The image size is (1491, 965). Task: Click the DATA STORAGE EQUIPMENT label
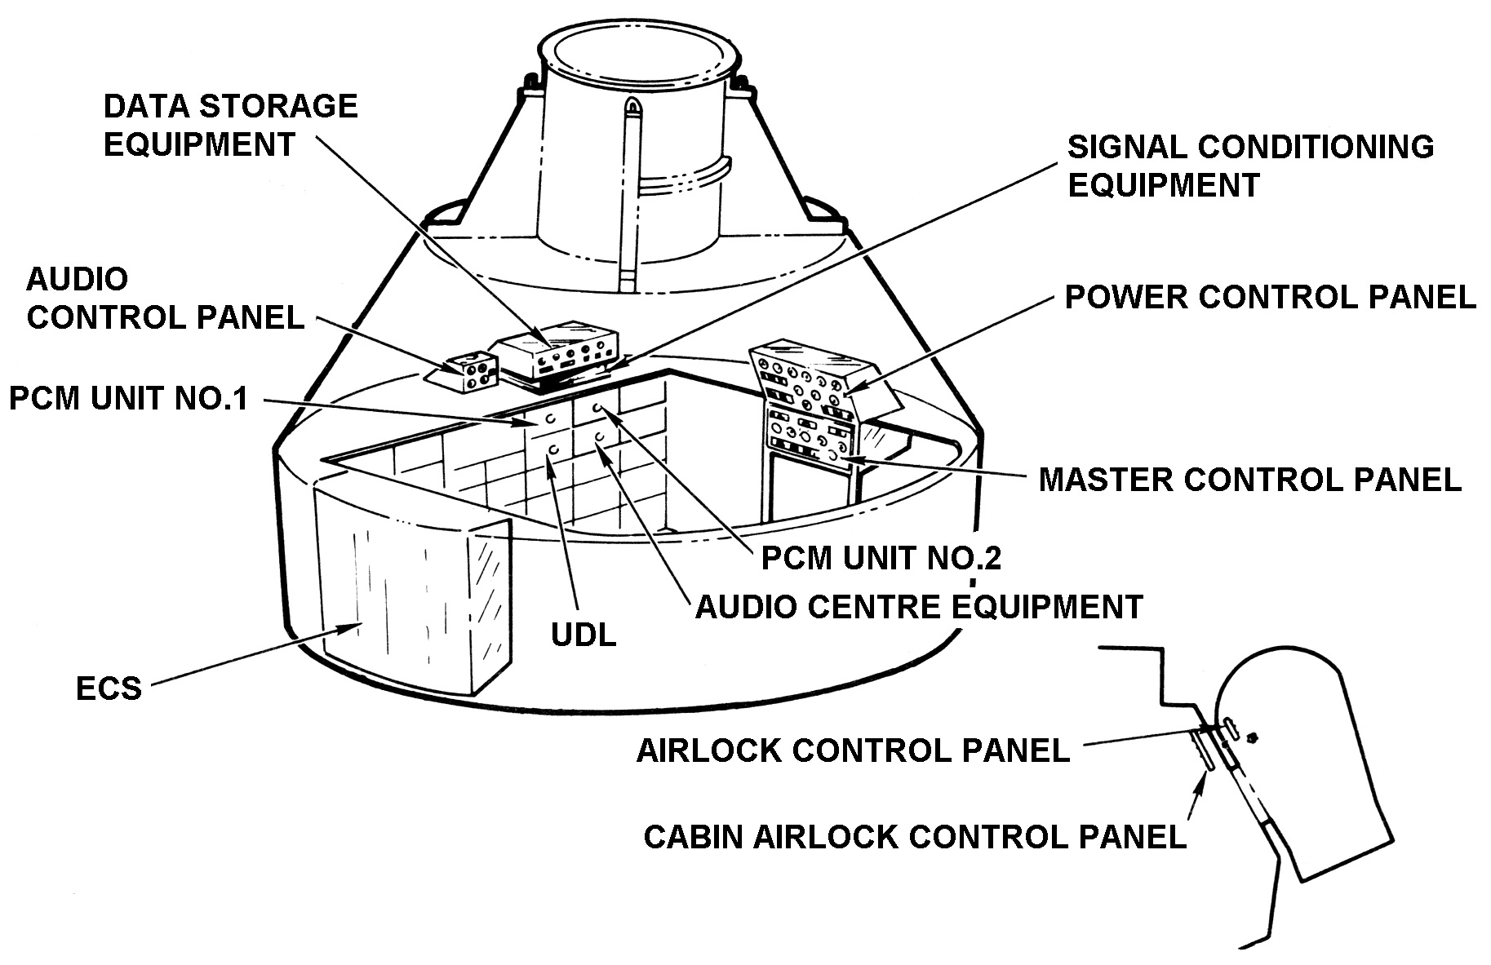coord(231,125)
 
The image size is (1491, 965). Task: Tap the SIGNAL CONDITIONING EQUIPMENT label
coord(1250,166)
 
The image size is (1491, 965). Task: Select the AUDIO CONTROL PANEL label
coord(165,298)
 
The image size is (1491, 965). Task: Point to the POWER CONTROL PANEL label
coord(1271,298)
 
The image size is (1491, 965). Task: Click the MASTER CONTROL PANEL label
coord(1249,480)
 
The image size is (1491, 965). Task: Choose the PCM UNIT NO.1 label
coord(128,399)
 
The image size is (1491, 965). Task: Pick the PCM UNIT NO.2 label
coord(881,558)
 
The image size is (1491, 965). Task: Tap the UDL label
coord(584,635)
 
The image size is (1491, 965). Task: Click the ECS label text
coord(109,689)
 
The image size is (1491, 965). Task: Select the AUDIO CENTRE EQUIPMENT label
coord(918,607)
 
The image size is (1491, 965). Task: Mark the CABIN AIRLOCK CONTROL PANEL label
coord(914,838)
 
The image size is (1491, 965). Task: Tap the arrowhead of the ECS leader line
coord(359,625)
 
